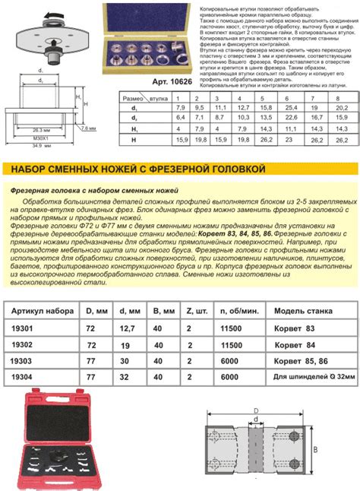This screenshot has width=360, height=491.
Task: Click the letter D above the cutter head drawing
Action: coord(257,410)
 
